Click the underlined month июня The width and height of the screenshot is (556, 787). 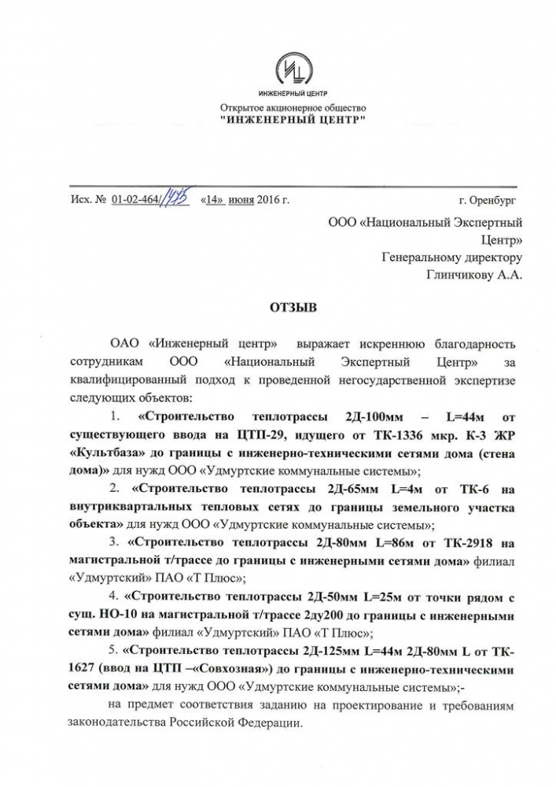(241, 200)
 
